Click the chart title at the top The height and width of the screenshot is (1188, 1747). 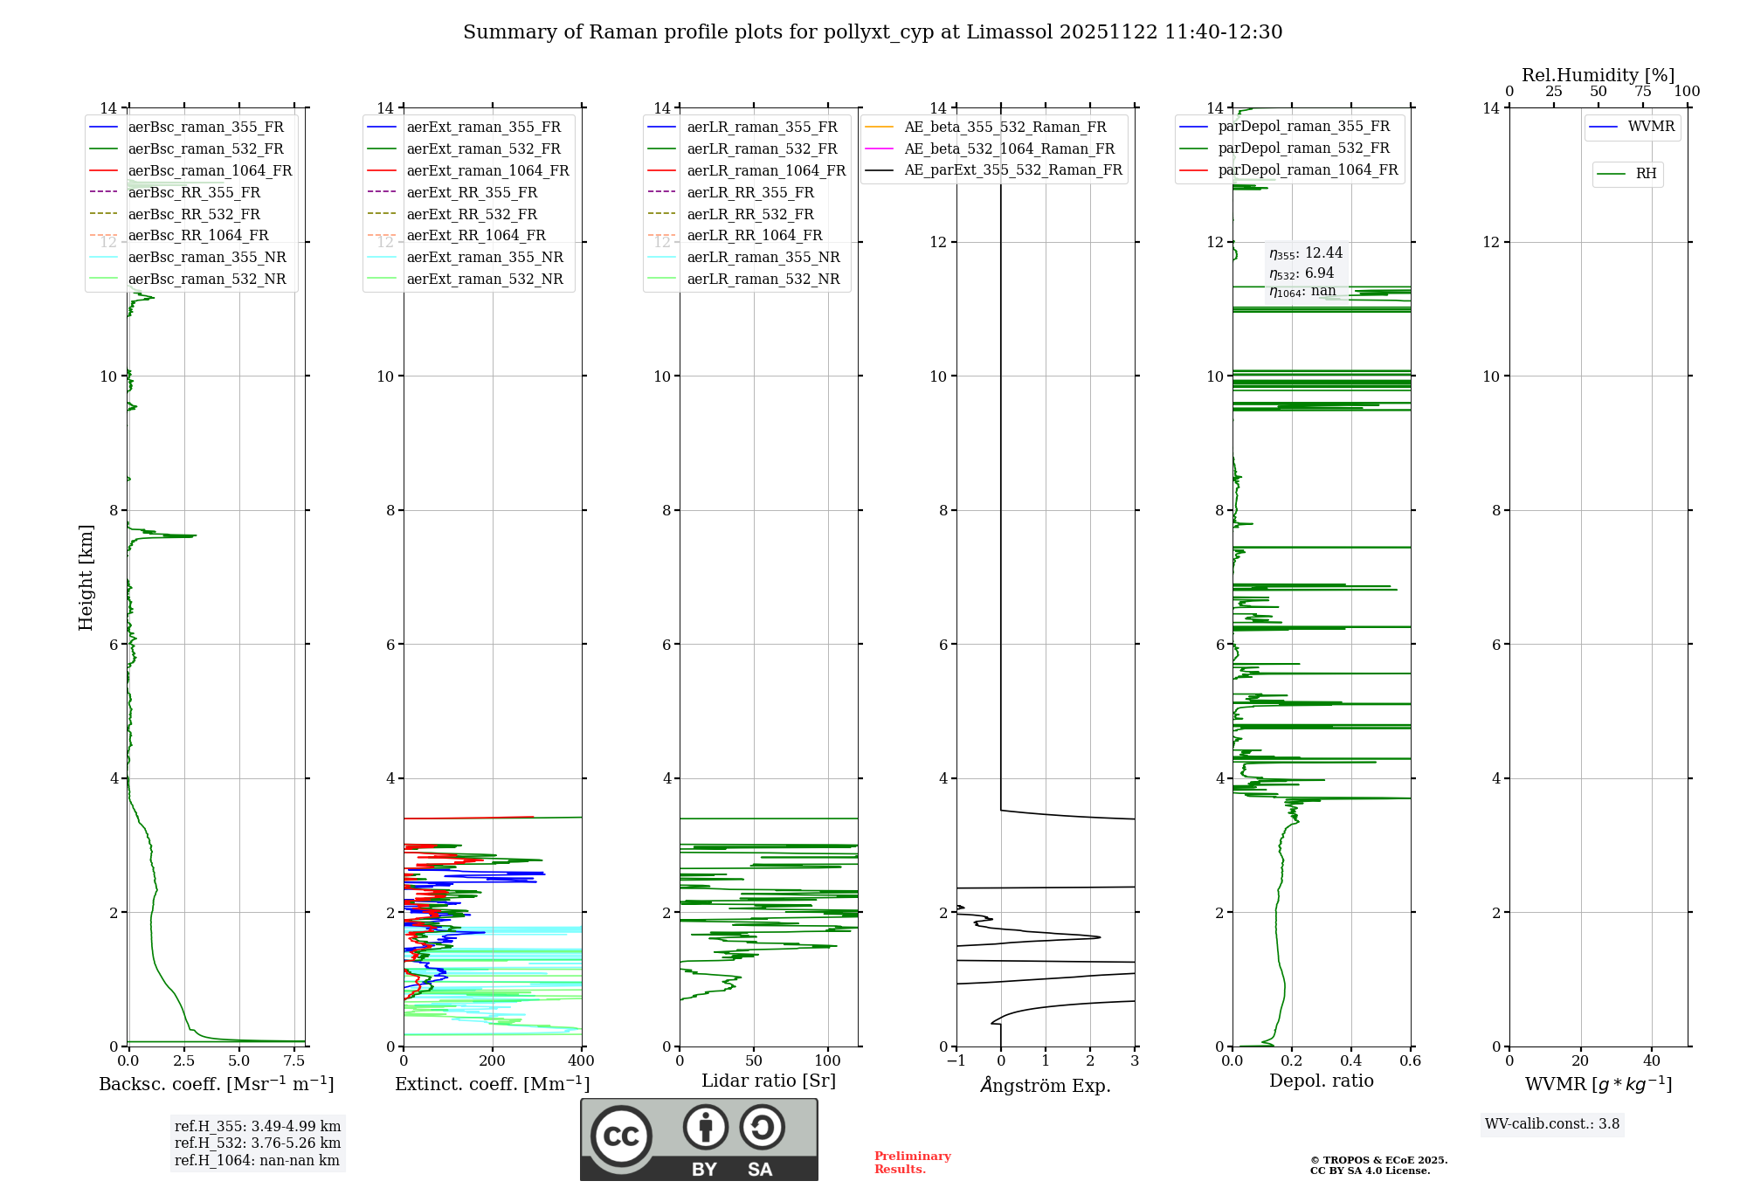[873, 32]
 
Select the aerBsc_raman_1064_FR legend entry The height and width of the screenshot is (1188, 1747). [210, 171]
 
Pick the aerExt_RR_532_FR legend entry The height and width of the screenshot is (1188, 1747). [472, 214]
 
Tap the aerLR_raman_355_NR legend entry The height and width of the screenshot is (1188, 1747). [763, 258]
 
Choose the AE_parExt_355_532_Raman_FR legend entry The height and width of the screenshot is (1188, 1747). [1012, 170]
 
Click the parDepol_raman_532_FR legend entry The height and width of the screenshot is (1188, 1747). [1303, 148]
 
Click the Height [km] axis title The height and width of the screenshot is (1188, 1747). [86, 577]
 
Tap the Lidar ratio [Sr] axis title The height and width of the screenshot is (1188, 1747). [769, 1081]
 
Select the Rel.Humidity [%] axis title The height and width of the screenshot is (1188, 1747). [1598, 75]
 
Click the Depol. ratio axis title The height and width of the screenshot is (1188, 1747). [1321, 1081]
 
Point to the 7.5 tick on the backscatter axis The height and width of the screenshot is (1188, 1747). [294, 1061]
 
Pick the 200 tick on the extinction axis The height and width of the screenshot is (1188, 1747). [493, 1061]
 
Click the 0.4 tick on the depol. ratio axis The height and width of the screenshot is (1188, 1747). [1351, 1061]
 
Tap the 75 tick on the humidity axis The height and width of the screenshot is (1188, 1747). [1642, 92]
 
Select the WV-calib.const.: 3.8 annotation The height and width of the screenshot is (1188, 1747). [1552, 1124]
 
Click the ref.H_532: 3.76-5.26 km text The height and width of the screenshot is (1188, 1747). [258, 1143]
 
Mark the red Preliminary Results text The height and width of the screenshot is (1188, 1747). [912, 1163]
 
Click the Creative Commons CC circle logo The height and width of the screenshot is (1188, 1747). [621, 1136]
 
